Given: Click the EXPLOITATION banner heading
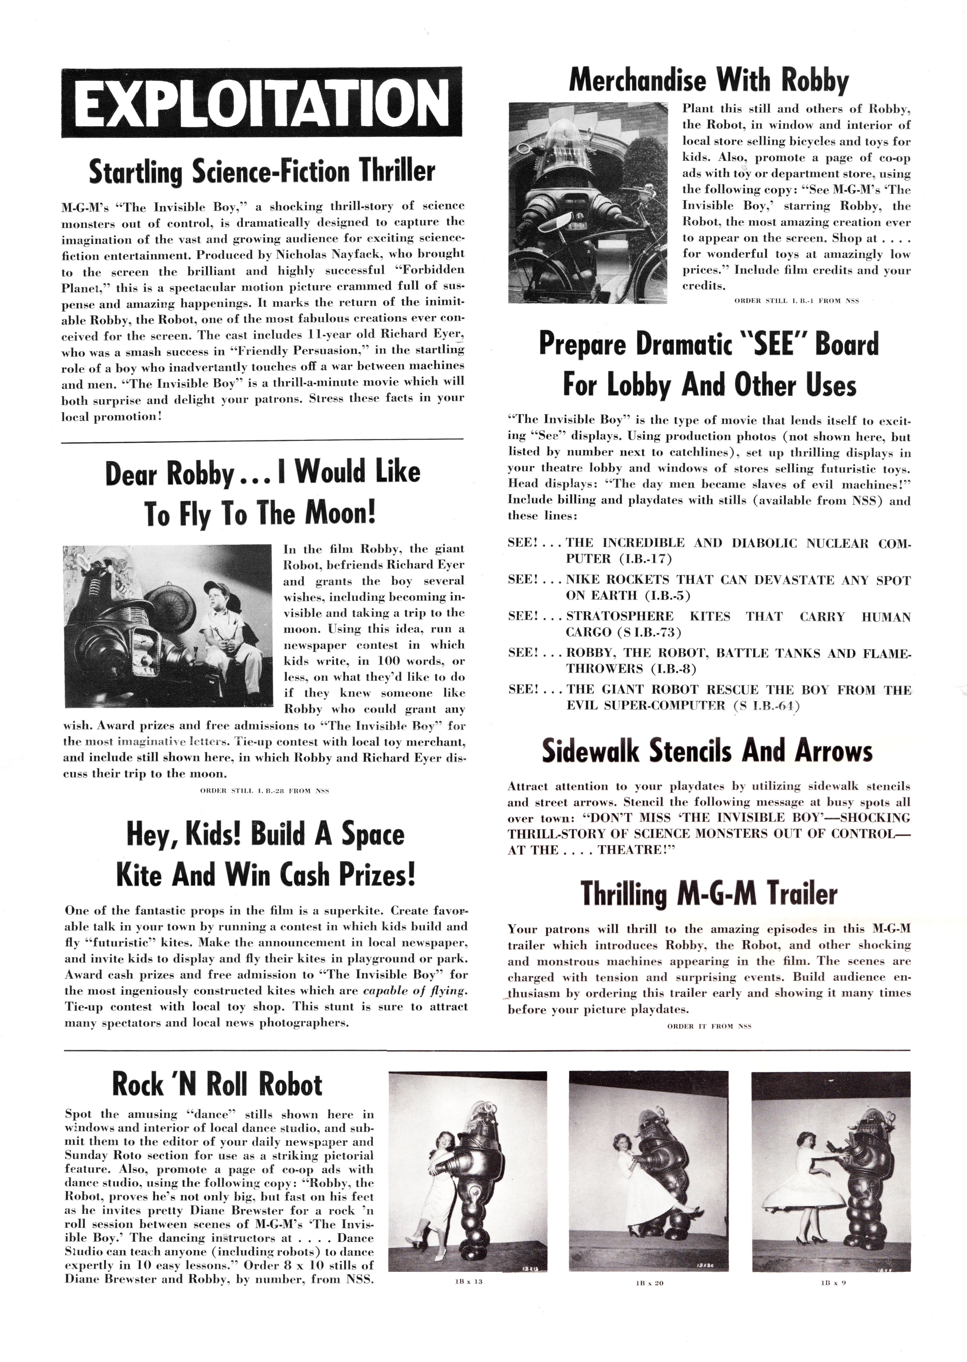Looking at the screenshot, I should [x=262, y=102].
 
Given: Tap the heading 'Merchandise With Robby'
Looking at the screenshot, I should [x=709, y=81].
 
